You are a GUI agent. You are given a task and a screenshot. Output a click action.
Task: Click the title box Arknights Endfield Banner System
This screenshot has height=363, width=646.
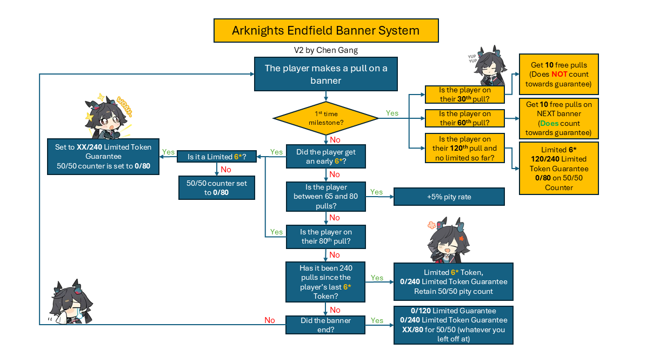[325, 30]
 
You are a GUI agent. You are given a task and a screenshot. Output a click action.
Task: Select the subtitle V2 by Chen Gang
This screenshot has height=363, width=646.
[325, 50]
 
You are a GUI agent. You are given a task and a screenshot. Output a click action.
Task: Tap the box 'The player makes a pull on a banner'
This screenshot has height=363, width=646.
[325, 75]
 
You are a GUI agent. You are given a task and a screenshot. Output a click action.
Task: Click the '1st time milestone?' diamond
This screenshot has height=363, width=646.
[325, 118]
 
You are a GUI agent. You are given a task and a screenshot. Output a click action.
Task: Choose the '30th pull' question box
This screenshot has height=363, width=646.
[464, 94]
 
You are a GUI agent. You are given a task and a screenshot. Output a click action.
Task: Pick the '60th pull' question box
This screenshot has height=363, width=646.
[464, 118]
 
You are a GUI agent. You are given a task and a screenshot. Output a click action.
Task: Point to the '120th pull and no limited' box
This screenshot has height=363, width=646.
[464, 148]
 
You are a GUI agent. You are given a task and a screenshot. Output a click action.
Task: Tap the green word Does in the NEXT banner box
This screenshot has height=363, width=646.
[550, 123]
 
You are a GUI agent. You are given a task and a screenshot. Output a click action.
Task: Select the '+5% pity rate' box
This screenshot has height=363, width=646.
[449, 197]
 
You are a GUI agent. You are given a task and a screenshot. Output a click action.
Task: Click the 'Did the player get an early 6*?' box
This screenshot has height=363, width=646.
[325, 157]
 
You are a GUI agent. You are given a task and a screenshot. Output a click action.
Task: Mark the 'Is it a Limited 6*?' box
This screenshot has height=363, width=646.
[216, 157]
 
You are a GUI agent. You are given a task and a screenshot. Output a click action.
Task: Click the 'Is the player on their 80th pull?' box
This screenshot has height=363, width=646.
[325, 237]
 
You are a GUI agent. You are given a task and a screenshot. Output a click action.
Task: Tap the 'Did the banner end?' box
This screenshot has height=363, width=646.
[325, 325]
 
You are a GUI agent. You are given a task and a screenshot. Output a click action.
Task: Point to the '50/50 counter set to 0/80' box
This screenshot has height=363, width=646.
[216, 187]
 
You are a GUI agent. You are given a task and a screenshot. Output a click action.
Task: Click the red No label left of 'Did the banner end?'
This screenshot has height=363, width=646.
[270, 320]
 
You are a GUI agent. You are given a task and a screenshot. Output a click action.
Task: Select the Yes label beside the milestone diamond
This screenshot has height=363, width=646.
[392, 113]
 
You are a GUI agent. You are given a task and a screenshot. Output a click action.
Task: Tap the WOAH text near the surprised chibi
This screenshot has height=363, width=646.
[124, 107]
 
